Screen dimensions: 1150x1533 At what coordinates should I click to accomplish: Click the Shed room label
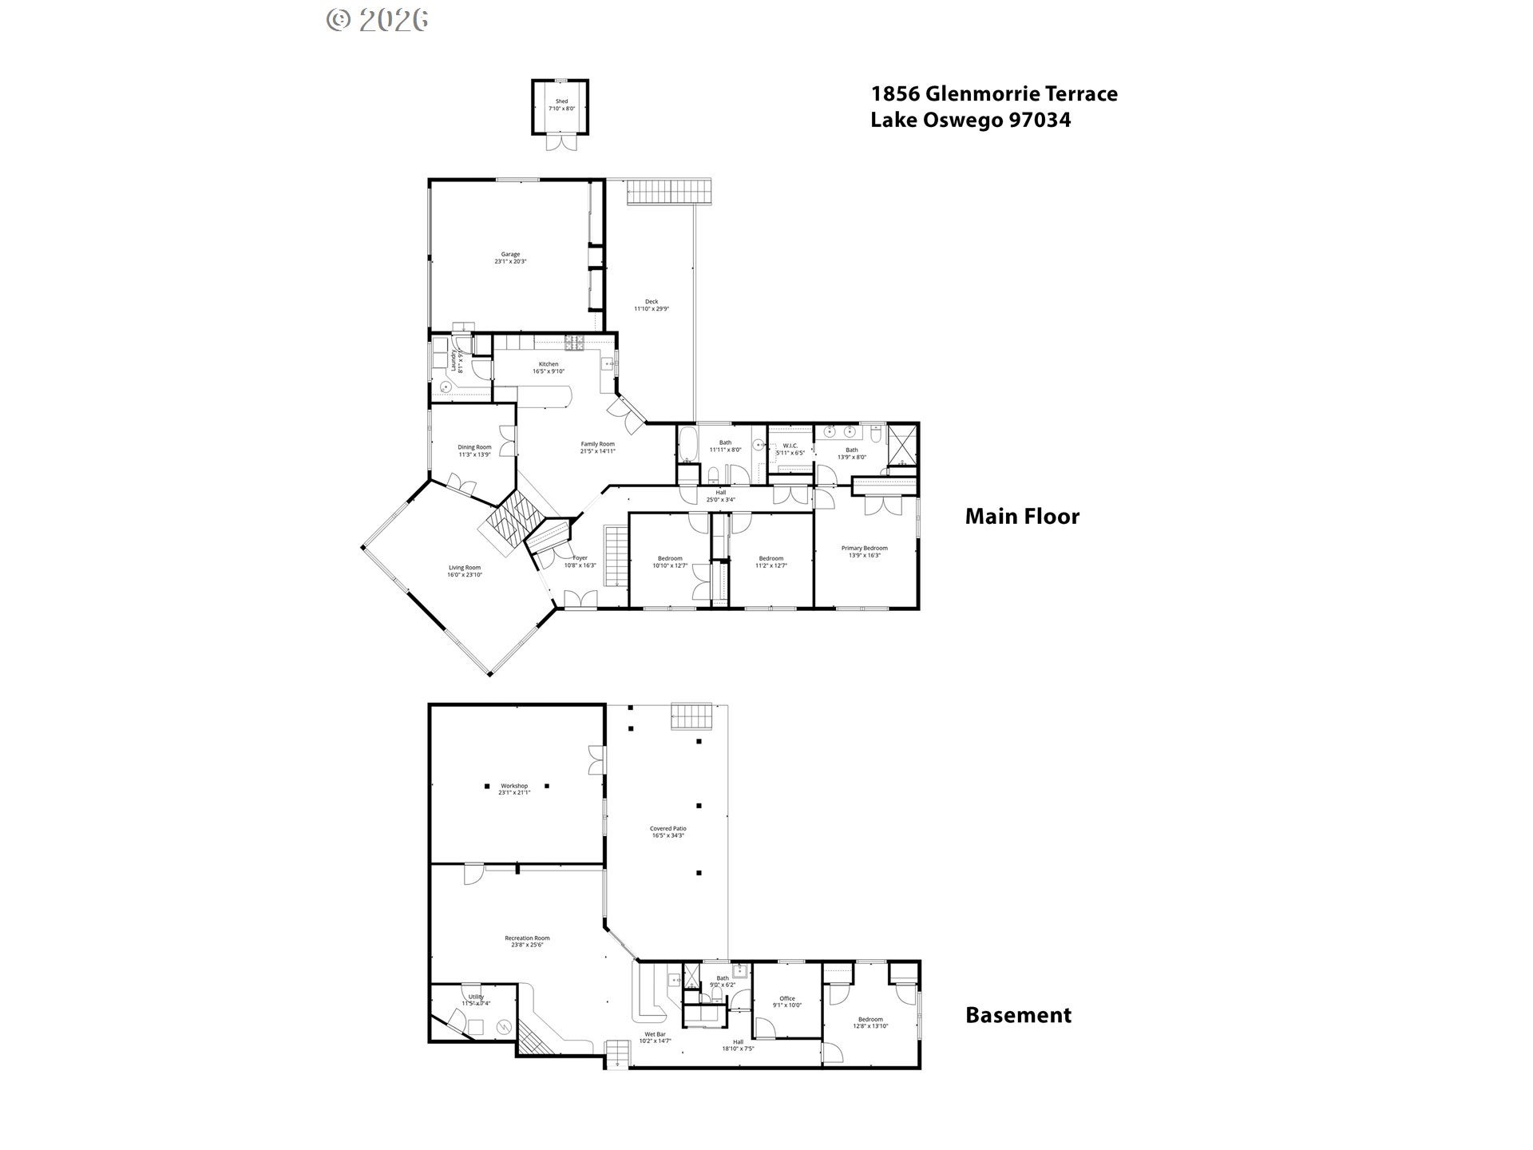pos(561,101)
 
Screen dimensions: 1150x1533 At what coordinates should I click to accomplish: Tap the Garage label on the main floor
pos(510,254)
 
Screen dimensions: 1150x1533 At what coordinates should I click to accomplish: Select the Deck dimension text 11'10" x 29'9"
pos(652,308)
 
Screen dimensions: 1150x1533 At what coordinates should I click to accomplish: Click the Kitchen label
pos(549,364)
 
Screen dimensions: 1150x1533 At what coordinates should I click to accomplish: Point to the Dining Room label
pos(474,447)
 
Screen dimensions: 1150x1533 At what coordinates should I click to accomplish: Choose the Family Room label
pos(597,444)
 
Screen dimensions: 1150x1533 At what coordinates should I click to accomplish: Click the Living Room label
pos(465,568)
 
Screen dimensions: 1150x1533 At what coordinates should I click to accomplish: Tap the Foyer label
pos(580,558)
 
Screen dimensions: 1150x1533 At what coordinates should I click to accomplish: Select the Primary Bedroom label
pos(864,548)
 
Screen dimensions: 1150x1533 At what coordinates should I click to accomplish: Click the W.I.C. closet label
pos(790,446)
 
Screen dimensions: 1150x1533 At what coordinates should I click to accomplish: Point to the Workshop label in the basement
pos(514,786)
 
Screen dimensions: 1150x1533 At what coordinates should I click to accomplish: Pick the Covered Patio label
pos(667,829)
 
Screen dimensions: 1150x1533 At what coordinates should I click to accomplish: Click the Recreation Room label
pos(527,938)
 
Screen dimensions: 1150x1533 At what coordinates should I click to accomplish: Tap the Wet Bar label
pos(655,1034)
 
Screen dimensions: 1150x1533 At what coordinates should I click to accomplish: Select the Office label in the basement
pos(787,998)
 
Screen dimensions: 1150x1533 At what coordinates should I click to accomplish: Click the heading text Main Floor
pos(1022,517)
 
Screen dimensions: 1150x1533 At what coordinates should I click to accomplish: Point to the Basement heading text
pos(1018,1015)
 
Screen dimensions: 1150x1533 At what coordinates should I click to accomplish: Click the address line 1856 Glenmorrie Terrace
pos(994,94)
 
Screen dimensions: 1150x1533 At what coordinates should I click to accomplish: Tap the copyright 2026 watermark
pos(378,20)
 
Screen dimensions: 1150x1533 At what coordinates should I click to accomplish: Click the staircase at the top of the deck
pos(668,192)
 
